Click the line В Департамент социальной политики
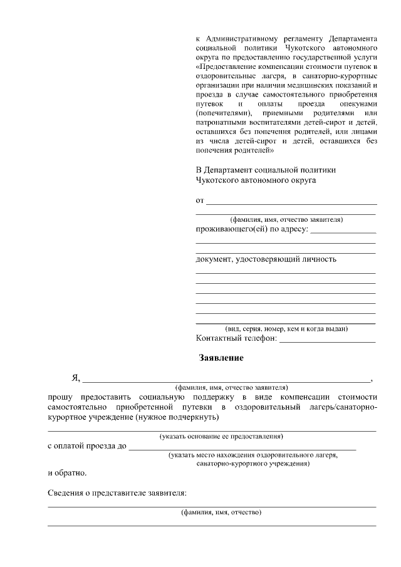click(266, 169)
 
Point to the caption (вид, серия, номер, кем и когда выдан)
click(286, 329)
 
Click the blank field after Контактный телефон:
click(327, 340)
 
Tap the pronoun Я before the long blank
click(75, 377)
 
